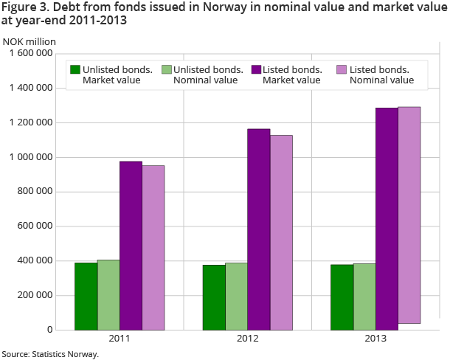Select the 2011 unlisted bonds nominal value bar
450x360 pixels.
[108, 294]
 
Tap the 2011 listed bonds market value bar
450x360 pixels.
[131, 245]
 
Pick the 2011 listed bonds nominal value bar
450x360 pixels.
[153, 247]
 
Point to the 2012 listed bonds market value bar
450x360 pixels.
[259, 229]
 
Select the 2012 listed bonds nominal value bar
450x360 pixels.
[282, 232]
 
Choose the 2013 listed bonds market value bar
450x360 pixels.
[387, 218]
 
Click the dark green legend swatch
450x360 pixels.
[75, 69]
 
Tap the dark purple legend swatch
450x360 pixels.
[257, 69]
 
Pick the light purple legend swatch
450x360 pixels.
[341, 69]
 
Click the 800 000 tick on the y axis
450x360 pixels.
[35, 192]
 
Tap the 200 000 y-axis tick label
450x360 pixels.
[35, 296]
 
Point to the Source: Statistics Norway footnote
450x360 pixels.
[50, 354]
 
